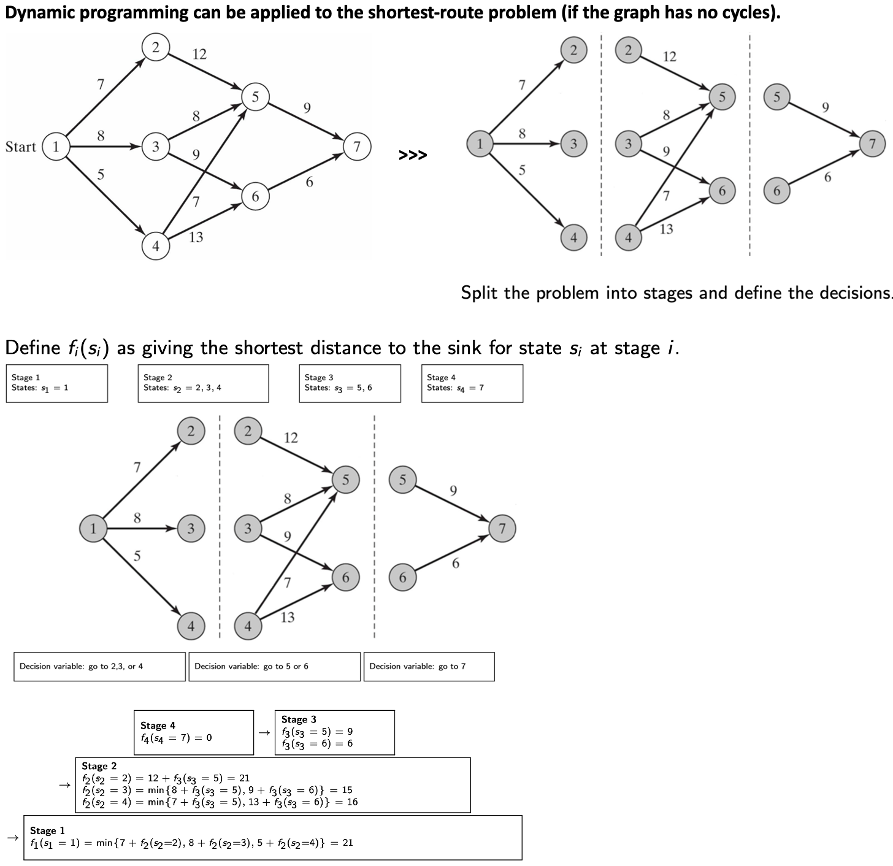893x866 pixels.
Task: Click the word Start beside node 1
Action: click(x=20, y=147)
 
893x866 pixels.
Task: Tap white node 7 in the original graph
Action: click(x=357, y=147)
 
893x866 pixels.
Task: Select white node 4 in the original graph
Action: click(x=156, y=246)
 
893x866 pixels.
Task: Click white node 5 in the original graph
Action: click(x=255, y=97)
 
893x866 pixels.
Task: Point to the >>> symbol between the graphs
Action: click(x=412, y=155)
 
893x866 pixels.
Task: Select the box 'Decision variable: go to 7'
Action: click(x=429, y=666)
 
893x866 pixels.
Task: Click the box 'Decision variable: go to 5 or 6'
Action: click(x=274, y=666)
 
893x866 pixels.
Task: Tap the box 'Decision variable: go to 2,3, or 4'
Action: click(x=99, y=666)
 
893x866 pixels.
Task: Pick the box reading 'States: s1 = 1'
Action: click(x=56, y=383)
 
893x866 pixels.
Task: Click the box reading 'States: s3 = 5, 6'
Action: click(x=350, y=383)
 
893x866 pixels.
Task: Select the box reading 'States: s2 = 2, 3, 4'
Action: click(x=203, y=383)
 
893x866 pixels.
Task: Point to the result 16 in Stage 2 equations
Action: click(x=352, y=802)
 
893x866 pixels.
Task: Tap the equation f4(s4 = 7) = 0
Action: click(x=176, y=737)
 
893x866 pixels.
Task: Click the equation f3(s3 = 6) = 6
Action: click(x=316, y=743)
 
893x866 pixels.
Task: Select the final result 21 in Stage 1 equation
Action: click(x=347, y=843)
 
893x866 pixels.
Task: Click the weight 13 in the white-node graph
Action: click(x=196, y=237)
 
